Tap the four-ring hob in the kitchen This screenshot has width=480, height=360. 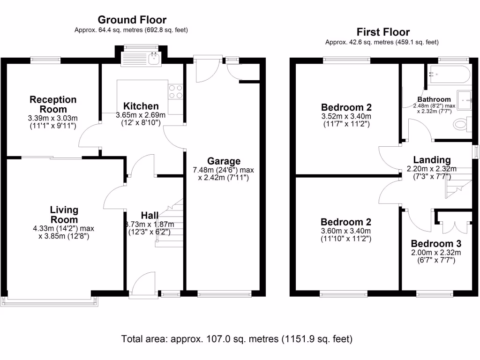click(x=175, y=91)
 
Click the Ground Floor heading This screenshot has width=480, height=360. click(x=132, y=20)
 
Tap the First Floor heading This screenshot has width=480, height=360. click(x=382, y=32)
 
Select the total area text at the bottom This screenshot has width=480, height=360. click(x=237, y=338)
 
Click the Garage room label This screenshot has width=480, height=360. click(x=224, y=161)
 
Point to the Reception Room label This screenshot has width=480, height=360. click(x=53, y=104)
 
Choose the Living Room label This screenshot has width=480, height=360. click(x=64, y=215)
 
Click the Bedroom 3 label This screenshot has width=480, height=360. click(x=436, y=244)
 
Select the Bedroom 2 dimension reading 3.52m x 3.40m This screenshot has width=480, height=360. click(x=346, y=116)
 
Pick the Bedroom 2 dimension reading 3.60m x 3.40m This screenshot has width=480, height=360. click(x=346, y=231)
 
